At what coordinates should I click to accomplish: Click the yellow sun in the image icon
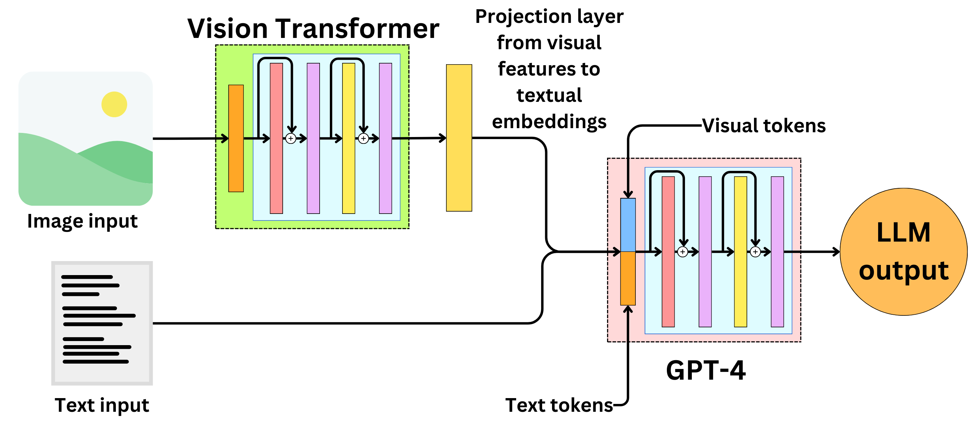pos(114,105)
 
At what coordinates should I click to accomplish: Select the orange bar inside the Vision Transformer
pos(236,138)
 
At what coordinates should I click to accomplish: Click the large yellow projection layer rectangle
pos(459,138)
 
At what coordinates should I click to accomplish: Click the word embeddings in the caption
pos(549,122)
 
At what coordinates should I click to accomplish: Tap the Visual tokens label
pos(764,125)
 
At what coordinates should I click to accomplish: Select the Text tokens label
pos(559,405)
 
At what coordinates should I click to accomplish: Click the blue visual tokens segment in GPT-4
pos(628,225)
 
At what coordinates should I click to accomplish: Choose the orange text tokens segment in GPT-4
pos(628,278)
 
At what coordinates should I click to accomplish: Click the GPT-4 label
pos(705,370)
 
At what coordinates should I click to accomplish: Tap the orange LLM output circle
pos(903,252)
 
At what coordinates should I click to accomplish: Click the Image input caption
pos(82,221)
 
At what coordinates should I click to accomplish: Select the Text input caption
pos(102,405)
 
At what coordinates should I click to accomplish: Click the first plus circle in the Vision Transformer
pos(291,139)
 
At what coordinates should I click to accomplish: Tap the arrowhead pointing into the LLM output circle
pos(837,252)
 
